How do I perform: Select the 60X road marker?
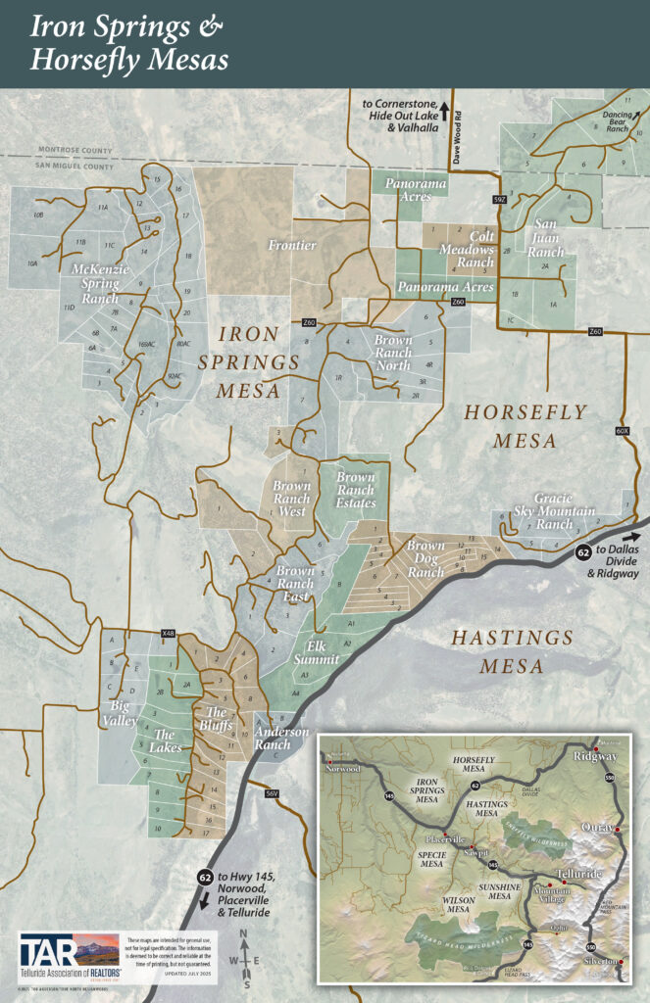point(622,430)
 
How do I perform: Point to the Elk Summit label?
point(323,652)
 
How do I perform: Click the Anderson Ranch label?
point(281,738)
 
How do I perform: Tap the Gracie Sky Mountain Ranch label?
point(566,510)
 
